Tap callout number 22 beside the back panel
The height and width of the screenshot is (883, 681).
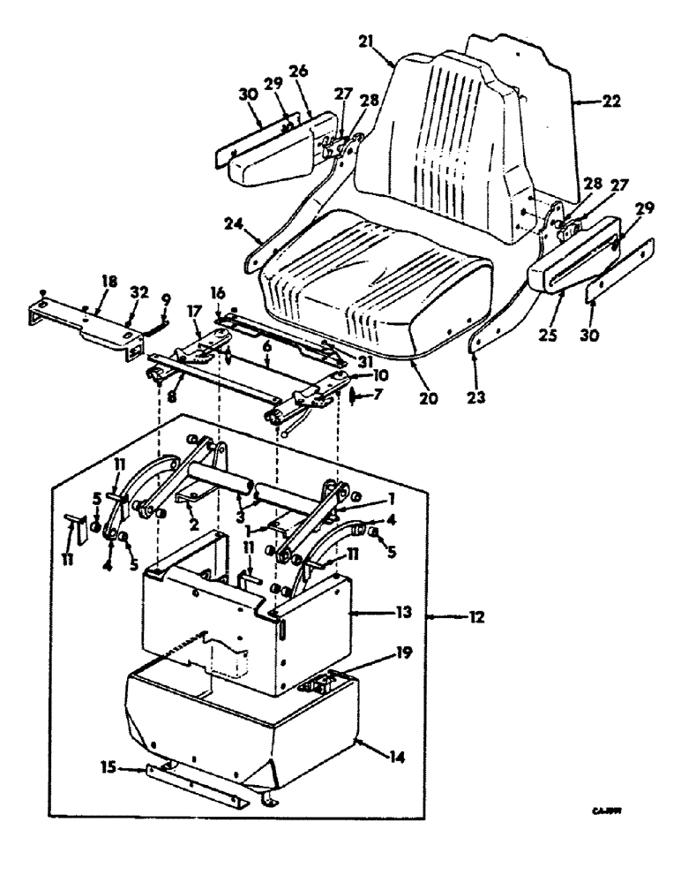click(610, 102)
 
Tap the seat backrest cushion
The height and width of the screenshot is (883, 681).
click(441, 132)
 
